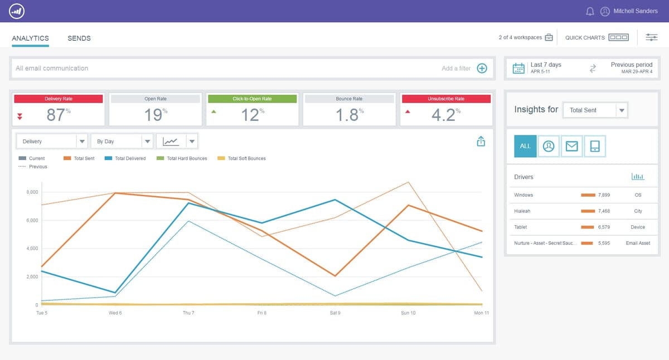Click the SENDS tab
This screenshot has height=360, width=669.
[79, 38]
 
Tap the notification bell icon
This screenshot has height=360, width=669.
[590, 11]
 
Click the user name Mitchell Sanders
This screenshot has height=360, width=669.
[636, 11]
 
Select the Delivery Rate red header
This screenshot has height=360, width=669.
[59, 99]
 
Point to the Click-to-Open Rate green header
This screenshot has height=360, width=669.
[252, 99]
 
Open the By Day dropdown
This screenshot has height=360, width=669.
[122, 142]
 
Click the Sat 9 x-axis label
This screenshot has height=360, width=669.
[334, 313]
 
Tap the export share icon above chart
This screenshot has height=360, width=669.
[481, 142]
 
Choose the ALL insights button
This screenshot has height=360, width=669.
[525, 146]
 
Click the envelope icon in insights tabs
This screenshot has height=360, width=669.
[571, 146]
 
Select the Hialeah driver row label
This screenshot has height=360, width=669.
[522, 211]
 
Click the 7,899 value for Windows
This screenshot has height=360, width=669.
[603, 195]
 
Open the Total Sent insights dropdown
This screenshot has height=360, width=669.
[595, 110]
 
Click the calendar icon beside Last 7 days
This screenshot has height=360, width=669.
[518, 68]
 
